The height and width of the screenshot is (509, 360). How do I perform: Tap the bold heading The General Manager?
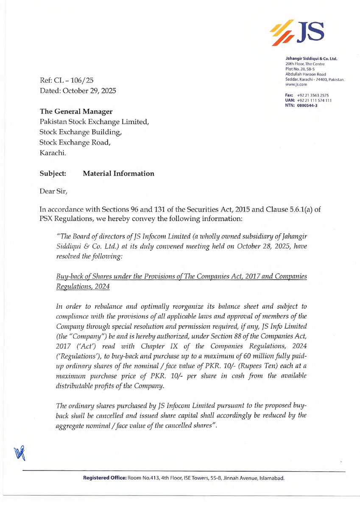pos(76,112)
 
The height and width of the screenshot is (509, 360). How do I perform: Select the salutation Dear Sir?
pos(53,192)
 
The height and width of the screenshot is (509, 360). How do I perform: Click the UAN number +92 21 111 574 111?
pos(314,100)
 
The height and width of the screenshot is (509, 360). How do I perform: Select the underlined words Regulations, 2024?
pos(83,287)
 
